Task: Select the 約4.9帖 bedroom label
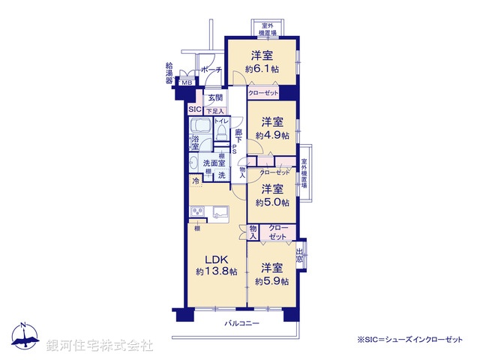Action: [x=271, y=128]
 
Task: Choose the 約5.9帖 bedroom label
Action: [x=271, y=274]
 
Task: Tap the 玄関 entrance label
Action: [x=215, y=97]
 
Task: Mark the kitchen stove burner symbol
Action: [x=198, y=211]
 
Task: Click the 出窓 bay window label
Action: [x=301, y=256]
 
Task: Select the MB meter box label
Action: [x=187, y=82]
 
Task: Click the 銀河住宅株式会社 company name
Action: [x=100, y=346]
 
